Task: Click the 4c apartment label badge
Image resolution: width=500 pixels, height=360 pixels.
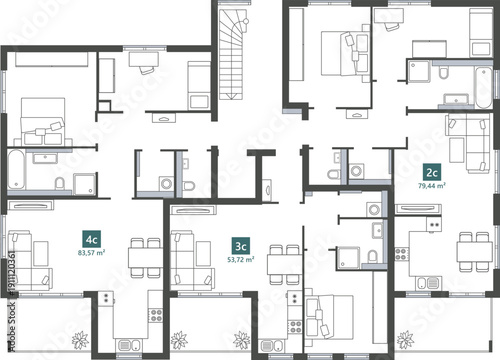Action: [92, 239]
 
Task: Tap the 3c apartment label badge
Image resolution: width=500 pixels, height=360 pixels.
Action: [240, 245]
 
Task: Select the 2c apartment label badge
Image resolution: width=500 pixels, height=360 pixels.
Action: [432, 171]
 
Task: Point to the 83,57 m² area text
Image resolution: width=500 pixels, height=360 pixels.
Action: [92, 253]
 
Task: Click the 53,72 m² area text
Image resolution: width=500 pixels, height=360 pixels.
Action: [240, 259]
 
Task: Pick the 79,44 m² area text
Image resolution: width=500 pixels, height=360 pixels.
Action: [432, 185]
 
